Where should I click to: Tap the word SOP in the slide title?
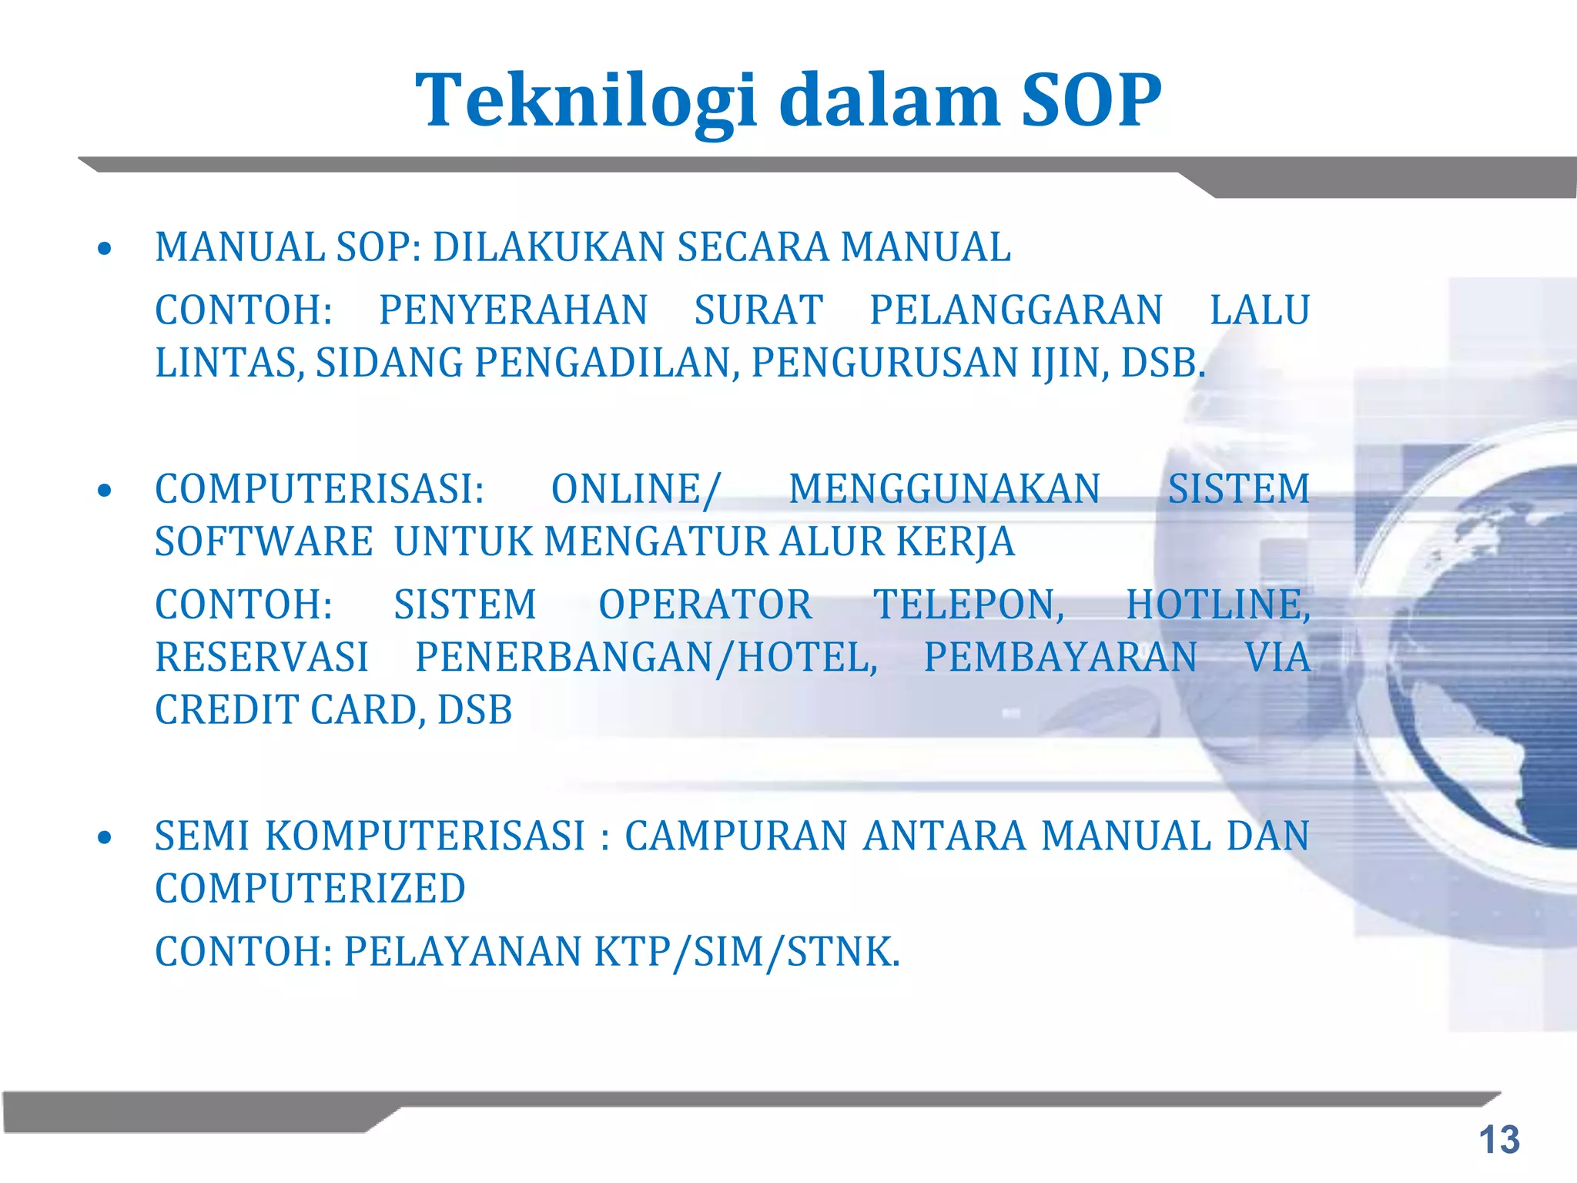(x=1090, y=101)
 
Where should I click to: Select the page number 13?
(x=1498, y=1140)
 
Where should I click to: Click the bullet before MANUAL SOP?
(x=105, y=249)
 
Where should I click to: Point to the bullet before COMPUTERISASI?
(x=105, y=491)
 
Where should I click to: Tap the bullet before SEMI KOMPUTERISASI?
(x=105, y=838)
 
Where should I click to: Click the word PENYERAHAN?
(x=513, y=310)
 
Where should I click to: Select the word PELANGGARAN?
(x=1016, y=310)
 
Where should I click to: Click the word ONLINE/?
(x=636, y=489)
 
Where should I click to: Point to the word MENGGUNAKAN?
(x=945, y=489)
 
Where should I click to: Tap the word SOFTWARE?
(x=264, y=541)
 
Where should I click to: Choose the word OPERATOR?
(x=705, y=605)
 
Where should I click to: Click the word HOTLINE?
(x=1218, y=605)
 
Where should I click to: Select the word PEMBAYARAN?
(x=1060, y=658)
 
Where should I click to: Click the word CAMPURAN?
(x=735, y=836)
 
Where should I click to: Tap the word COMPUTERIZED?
(x=310, y=889)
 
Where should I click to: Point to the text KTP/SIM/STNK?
(x=746, y=952)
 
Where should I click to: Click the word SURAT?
(x=758, y=310)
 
